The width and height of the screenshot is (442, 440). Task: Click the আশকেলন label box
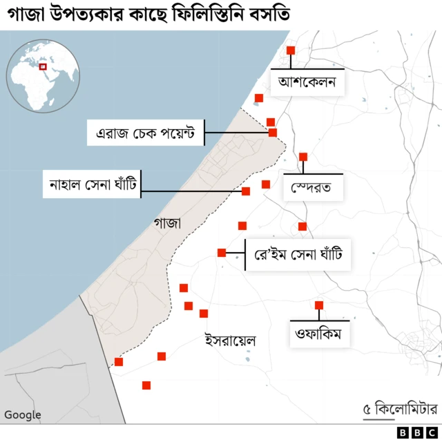307,84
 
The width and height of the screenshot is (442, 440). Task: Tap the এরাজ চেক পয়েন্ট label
146,131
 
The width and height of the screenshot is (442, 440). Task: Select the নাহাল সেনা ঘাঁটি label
92,184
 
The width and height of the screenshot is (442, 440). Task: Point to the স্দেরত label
312,187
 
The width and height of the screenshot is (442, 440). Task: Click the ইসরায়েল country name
230,341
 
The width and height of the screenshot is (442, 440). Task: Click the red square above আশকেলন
291,50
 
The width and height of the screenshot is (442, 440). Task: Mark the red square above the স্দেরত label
303,157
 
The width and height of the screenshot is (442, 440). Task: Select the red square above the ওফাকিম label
319,305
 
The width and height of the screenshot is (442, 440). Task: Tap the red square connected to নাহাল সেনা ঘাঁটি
245,191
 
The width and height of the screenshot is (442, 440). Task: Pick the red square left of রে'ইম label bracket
222,253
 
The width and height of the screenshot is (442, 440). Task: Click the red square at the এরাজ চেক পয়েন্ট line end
273,132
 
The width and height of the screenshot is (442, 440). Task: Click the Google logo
23,415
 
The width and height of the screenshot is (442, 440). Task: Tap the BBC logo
412,432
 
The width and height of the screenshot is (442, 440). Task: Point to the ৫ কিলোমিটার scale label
401,409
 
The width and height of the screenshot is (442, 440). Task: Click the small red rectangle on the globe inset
43,66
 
